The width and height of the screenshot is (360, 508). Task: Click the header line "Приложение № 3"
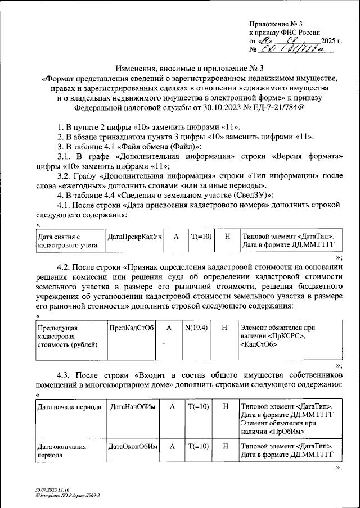point(276,24)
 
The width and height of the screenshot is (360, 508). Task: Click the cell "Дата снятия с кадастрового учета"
point(69,241)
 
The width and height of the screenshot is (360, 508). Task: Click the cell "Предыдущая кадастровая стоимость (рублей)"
point(69,336)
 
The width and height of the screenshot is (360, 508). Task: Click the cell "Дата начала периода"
point(69,406)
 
